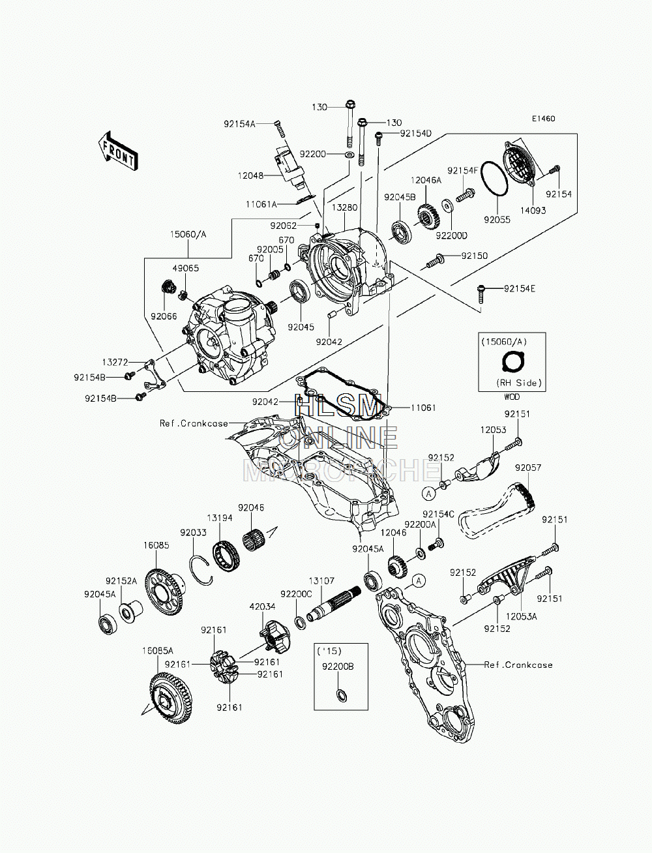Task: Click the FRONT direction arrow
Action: coord(117,151)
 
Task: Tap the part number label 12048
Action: coord(250,175)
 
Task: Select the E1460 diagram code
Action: coord(544,119)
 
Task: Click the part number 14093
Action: coord(533,211)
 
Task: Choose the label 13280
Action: coord(344,207)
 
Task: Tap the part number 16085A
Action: coord(158,651)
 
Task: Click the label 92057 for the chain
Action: coord(528,468)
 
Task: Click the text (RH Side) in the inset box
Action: coord(519,383)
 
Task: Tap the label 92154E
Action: coord(520,289)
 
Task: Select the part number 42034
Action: coord(262,606)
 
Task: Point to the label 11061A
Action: coord(261,204)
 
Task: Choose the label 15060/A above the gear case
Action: coord(188,235)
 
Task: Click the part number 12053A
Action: coord(521,616)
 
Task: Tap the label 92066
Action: coord(164,316)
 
